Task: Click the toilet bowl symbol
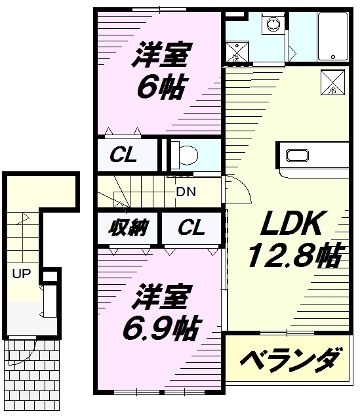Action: click(189, 155)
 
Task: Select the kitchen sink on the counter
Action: click(297, 156)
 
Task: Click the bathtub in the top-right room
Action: click(333, 36)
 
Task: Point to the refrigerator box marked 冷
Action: click(332, 82)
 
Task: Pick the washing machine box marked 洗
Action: click(237, 52)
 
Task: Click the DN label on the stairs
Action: click(186, 192)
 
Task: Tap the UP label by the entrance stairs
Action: click(22, 274)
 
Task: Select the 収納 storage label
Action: click(129, 228)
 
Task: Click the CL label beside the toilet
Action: click(123, 155)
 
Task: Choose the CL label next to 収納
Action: click(191, 228)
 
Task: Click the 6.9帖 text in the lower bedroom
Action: click(161, 327)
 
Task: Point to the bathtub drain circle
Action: click(333, 57)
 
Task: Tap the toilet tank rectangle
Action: click(175, 155)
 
